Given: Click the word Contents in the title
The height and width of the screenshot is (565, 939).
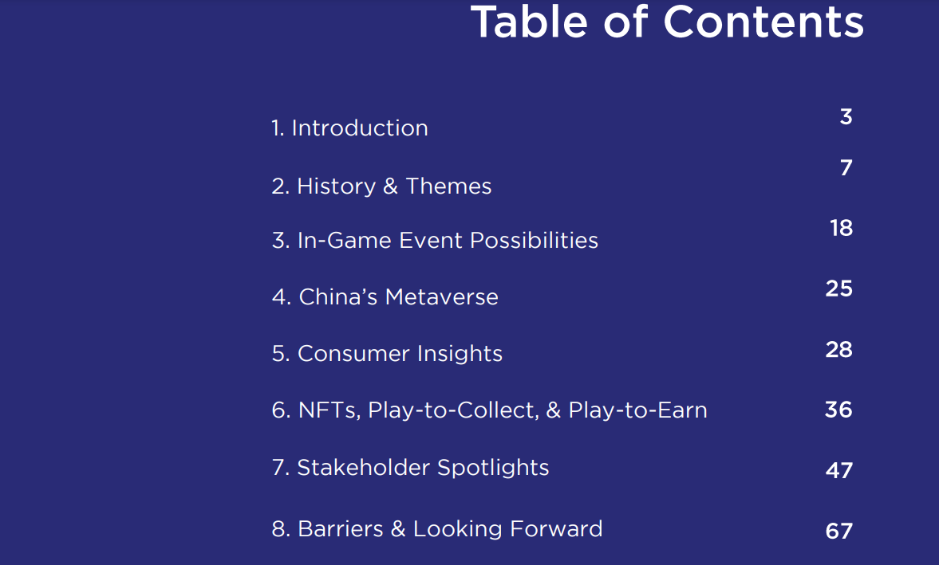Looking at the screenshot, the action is click(763, 22).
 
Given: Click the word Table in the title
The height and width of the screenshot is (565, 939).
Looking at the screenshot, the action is click(530, 22).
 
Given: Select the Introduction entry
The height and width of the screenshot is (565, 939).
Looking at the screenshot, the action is click(349, 128).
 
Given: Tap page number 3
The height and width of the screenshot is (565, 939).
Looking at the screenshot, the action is click(846, 116).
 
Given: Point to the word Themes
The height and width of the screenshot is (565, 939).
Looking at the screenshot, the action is click(448, 186).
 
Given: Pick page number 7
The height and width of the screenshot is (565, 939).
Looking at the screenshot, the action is click(846, 167).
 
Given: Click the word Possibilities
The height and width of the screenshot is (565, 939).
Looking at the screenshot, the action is click(535, 241).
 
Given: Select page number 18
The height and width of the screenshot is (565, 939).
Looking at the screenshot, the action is click(842, 228).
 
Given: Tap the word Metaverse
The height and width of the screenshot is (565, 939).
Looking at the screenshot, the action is click(442, 297).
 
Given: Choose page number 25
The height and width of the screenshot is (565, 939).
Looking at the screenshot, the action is click(839, 288).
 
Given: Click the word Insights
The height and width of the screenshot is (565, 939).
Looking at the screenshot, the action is click(460, 354).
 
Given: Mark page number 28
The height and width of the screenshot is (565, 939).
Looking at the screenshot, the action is click(839, 349).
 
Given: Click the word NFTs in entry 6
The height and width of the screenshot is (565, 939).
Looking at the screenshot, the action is click(329, 410).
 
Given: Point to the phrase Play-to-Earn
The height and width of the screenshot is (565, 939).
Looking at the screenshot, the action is click(637, 410).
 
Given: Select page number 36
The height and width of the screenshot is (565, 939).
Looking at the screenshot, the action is click(838, 410).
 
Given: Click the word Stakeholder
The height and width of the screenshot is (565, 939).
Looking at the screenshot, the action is click(364, 468).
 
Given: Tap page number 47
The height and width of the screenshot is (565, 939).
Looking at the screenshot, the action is click(839, 470).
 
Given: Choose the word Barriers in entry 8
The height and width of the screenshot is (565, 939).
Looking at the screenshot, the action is click(340, 529).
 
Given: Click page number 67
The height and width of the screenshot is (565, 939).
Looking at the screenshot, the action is click(839, 531).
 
